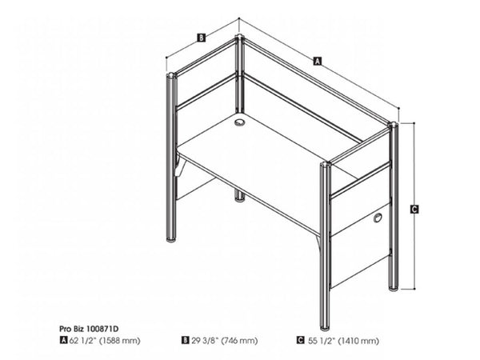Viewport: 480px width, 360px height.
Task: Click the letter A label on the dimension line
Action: [318, 61]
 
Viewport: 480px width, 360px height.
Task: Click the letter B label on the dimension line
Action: [201, 38]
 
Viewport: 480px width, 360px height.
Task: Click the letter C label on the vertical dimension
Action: [414, 210]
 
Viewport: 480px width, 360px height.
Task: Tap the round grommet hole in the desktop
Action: [239, 122]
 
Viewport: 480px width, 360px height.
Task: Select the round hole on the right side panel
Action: [378, 218]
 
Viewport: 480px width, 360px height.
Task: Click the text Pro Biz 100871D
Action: [89, 329]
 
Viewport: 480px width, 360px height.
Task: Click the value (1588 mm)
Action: [120, 341]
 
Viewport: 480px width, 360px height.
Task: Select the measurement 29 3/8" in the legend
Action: [205, 340]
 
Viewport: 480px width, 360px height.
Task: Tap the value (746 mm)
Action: [239, 341]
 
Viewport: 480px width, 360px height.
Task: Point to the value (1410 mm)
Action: [358, 341]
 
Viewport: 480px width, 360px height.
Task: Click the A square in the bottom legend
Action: [64, 340]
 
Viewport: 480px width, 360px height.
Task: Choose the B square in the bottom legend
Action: [186, 340]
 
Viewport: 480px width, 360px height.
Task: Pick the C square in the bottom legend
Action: [301, 340]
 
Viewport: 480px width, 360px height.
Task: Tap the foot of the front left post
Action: [171, 238]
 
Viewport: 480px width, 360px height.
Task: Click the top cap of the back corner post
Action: [239, 38]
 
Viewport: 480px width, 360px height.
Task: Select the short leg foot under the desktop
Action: [240, 199]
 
